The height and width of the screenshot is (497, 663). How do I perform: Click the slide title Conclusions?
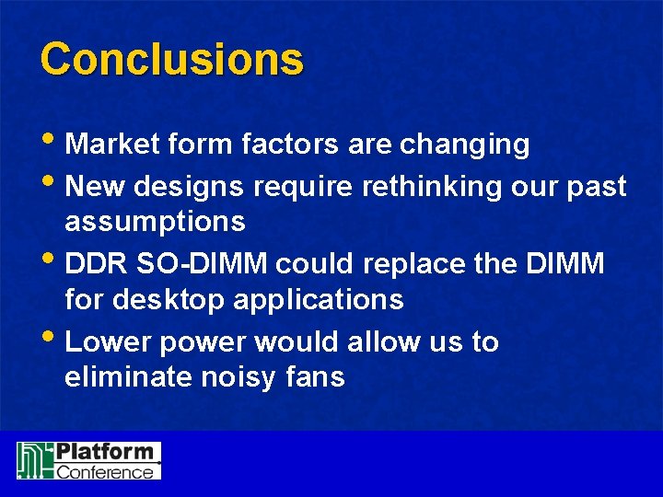171,59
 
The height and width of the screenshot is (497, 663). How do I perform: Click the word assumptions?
155,222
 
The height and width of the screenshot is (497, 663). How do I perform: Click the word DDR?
95,264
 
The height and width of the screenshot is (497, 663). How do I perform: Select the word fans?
319,376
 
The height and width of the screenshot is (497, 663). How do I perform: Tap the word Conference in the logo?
105,471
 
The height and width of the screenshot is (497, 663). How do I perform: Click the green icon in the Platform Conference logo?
34,460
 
